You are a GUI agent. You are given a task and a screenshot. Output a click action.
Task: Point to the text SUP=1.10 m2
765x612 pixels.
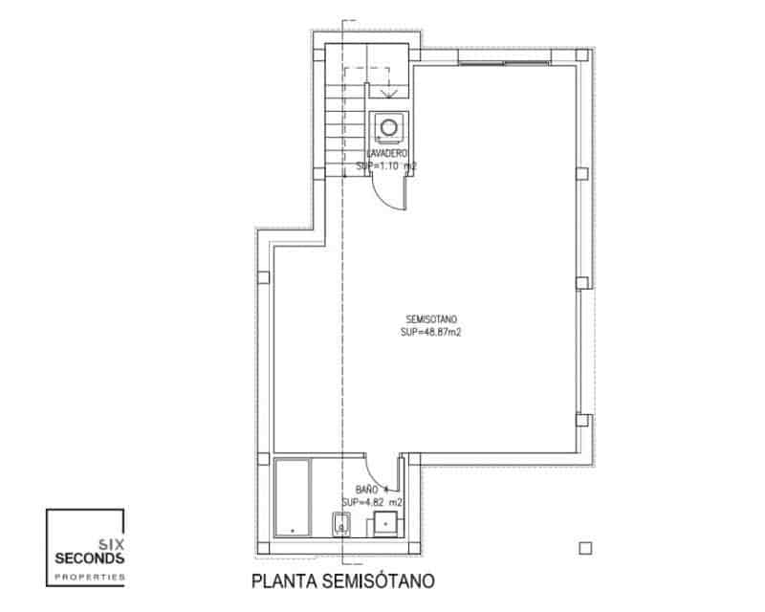tap(386, 165)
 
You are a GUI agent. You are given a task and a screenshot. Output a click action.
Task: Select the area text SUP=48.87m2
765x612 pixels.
tap(426, 333)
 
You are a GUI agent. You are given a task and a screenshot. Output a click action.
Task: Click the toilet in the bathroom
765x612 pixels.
tap(340, 525)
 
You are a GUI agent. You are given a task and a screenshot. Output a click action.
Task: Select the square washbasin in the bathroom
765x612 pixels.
tap(385, 524)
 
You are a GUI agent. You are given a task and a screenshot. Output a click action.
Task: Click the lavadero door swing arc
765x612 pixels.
tap(386, 194)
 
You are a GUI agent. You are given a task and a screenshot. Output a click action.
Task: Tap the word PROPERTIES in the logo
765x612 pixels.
tap(88, 576)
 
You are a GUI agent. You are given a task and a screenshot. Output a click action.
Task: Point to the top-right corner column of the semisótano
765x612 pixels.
tap(582, 57)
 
